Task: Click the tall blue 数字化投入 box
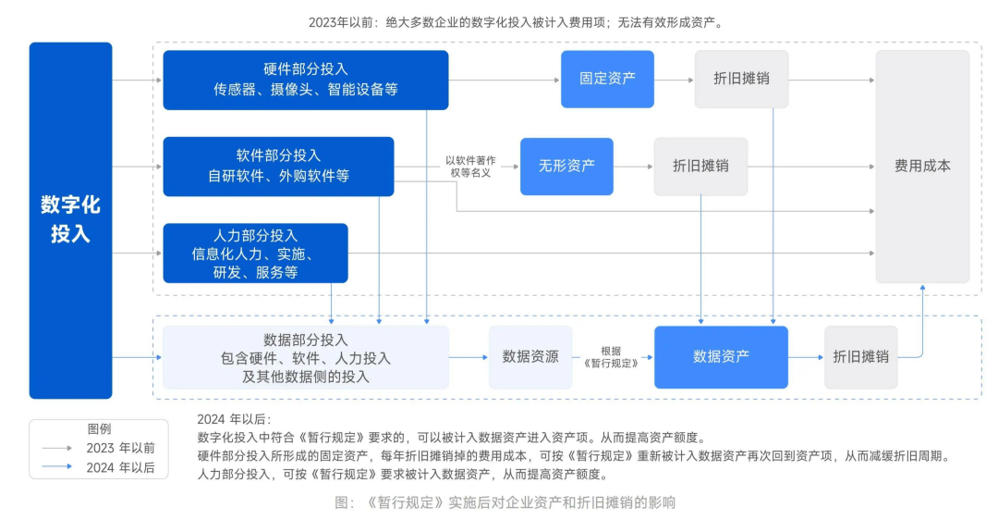click(x=70, y=219)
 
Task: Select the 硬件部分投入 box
click(x=305, y=80)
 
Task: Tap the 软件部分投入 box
click(x=278, y=167)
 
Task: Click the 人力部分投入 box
click(x=255, y=253)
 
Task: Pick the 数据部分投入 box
click(x=305, y=357)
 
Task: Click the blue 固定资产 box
click(x=607, y=80)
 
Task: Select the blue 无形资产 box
click(x=566, y=167)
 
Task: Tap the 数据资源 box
click(x=530, y=356)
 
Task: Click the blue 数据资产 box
click(x=721, y=356)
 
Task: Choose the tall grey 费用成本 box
click(x=922, y=167)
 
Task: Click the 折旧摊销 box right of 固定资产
click(x=741, y=80)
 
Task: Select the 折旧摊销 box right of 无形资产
click(x=700, y=167)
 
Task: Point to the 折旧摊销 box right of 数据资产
click(x=860, y=356)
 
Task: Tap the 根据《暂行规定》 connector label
click(x=612, y=356)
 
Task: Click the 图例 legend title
click(x=99, y=429)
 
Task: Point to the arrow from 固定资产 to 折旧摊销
click(x=673, y=80)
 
